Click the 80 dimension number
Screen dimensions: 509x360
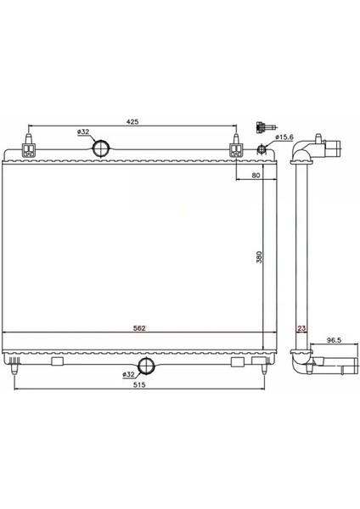(256, 176)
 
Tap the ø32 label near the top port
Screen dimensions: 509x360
(83, 132)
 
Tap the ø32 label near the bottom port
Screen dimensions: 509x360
(129, 373)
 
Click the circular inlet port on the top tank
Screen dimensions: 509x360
(102, 148)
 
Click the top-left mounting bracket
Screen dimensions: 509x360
(31, 149)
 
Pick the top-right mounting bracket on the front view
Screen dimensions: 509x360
(235, 149)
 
